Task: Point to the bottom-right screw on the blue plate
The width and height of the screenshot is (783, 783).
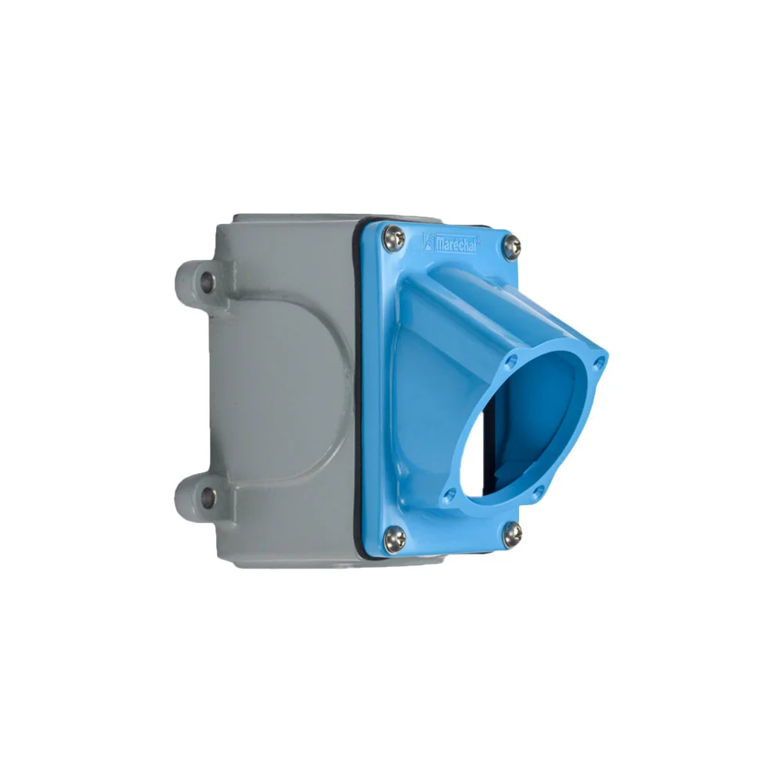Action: (x=512, y=532)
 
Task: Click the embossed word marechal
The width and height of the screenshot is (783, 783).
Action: (x=456, y=244)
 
